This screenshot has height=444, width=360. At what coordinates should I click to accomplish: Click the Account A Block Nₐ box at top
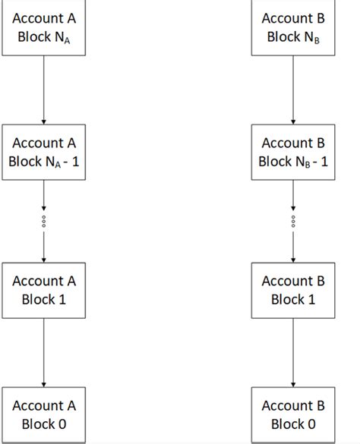(x=44, y=28)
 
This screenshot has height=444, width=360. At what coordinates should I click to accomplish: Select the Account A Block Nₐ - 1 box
(x=44, y=152)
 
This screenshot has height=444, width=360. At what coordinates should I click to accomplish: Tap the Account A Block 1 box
(x=44, y=290)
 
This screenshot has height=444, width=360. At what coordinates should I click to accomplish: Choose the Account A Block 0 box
(x=44, y=414)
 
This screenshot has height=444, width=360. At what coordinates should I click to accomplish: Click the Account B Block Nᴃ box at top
(x=293, y=28)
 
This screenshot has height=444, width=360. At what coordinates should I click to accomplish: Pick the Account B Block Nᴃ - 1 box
(x=293, y=152)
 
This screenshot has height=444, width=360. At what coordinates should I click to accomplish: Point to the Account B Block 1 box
(x=293, y=290)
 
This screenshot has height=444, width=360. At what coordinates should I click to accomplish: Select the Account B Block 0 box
(x=293, y=414)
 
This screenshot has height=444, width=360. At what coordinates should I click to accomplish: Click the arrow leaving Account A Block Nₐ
(x=44, y=90)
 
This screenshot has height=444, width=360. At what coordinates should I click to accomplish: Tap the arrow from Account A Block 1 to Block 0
(x=44, y=352)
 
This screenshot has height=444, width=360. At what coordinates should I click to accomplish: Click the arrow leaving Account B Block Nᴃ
(x=293, y=90)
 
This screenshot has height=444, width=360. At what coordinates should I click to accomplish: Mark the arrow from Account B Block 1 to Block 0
(x=293, y=352)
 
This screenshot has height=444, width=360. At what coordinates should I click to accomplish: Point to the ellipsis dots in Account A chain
(x=44, y=221)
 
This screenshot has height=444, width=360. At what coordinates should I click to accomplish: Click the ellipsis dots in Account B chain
(x=293, y=221)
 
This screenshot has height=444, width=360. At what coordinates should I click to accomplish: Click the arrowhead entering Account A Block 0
(x=44, y=383)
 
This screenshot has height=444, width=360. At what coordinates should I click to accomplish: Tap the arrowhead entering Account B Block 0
(x=293, y=383)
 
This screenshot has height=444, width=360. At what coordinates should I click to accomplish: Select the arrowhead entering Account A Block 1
(x=44, y=259)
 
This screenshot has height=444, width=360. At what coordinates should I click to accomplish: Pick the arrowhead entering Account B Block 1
(x=293, y=259)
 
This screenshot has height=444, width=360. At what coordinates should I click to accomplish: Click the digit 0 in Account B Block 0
(x=311, y=424)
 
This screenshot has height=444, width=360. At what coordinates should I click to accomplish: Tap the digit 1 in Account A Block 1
(x=62, y=300)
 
